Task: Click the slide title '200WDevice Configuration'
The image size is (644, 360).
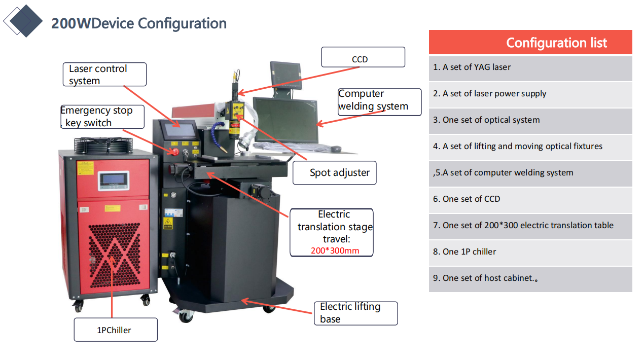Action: click(138, 23)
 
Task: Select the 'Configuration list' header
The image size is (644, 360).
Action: click(556, 43)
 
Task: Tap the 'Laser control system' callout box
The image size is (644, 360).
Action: click(105, 75)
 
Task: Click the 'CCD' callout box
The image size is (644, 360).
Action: click(363, 58)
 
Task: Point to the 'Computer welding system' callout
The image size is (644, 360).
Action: click(379, 101)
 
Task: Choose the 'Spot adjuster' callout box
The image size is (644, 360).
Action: click(335, 173)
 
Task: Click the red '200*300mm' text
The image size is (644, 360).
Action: click(335, 250)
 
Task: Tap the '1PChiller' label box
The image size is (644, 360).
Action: click(115, 330)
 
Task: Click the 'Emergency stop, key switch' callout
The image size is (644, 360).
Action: click(101, 117)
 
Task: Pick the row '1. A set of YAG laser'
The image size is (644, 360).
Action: click(530, 67)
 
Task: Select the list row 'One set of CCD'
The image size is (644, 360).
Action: click(530, 199)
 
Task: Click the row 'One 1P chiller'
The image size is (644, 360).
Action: click(530, 252)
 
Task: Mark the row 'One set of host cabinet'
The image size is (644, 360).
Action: click(530, 278)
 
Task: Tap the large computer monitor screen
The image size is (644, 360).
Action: click(285, 120)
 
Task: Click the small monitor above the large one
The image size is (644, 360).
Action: click(285, 74)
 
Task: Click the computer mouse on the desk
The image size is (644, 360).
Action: click(335, 149)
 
